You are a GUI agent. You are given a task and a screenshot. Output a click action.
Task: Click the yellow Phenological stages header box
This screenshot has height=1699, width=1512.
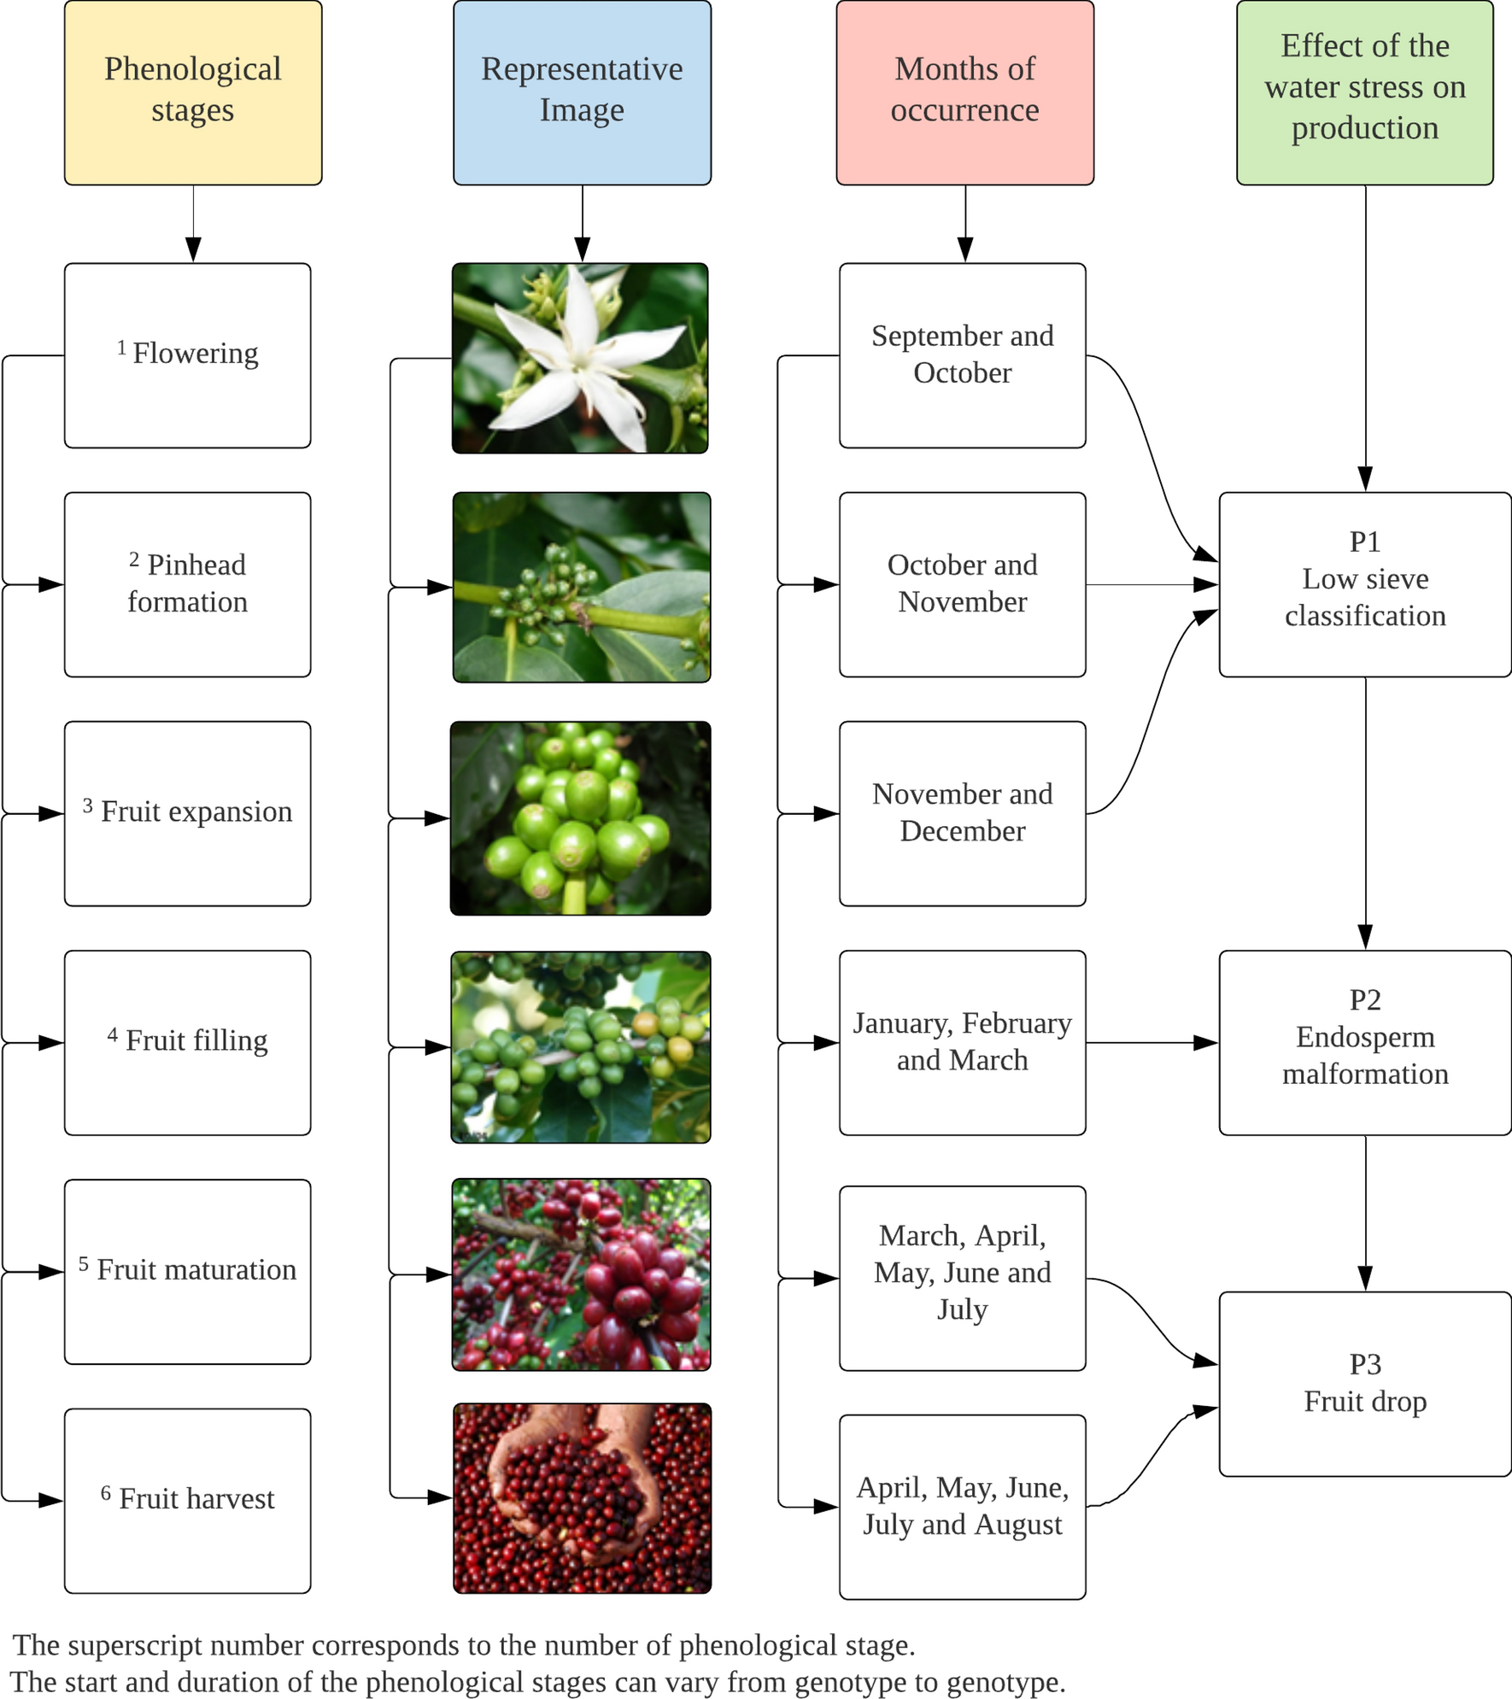coord(193,92)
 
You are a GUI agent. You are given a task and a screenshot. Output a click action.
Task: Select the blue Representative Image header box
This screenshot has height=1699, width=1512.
coord(582,92)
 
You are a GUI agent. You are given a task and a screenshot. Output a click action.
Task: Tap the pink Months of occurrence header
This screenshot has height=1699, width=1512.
coord(964,92)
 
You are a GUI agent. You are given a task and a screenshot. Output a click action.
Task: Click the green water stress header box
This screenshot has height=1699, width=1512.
coord(1364,92)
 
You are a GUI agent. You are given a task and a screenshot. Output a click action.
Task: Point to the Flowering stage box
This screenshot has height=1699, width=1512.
coord(187,355)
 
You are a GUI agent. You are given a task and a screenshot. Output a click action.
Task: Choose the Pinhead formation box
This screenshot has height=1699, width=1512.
coord(187,584)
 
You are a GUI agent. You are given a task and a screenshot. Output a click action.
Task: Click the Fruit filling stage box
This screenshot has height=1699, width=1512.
coord(187,1042)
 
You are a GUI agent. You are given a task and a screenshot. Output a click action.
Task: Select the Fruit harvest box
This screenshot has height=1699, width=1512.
coord(187,1500)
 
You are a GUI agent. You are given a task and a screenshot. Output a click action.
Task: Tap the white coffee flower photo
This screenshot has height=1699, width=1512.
coord(580,358)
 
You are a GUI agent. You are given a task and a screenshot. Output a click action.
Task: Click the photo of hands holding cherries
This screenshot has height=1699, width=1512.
coord(582,1498)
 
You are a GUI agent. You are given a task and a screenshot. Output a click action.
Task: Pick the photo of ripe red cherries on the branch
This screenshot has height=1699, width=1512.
coord(581,1274)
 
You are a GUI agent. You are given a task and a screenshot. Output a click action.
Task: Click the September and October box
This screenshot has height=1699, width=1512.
coord(962,355)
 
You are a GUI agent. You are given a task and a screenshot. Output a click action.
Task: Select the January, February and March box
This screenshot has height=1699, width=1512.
coord(962,1042)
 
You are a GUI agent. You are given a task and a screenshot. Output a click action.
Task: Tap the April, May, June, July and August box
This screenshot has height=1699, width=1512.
coord(962,1506)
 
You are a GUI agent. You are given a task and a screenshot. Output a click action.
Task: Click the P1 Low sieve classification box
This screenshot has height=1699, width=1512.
coord(1364,584)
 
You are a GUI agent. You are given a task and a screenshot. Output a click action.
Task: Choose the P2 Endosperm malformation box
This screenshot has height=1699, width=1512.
coord(1364,1042)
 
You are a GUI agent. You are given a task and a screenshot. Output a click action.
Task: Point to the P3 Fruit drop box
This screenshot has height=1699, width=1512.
coord(1364,1383)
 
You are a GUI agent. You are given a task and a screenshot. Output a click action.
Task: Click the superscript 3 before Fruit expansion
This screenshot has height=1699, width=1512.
coord(87,805)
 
